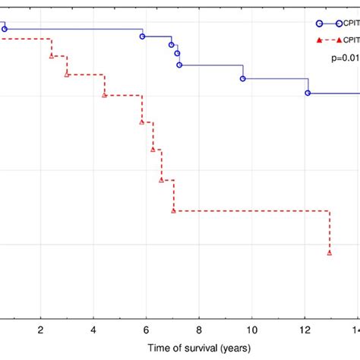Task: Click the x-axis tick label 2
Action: tap(40, 330)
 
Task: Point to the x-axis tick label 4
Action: tap(93, 330)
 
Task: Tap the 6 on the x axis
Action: tap(146, 330)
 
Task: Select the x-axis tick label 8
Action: tap(199, 330)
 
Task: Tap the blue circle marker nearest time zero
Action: tap(5, 29)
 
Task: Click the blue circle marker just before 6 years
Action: tap(143, 36)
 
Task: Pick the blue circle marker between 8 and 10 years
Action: tap(243, 78)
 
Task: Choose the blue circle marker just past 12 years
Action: tap(308, 93)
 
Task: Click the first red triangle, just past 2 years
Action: tap(52, 55)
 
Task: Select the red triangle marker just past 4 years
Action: tap(105, 95)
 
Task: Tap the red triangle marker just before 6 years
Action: tap(142, 122)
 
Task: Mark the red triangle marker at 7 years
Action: tap(174, 210)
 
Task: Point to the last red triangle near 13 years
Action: tap(329, 253)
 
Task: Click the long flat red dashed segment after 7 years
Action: tap(251, 210)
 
